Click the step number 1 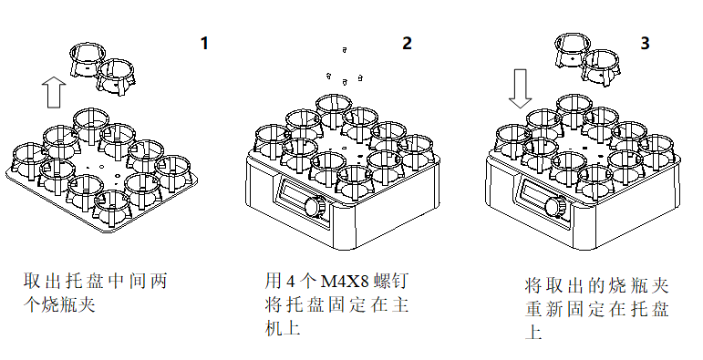tap(205, 43)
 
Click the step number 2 tap(407, 43)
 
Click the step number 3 tap(646, 43)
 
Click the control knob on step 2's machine tap(315, 207)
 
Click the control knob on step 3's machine tap(555, 207)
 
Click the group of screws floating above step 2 tap(346, 77)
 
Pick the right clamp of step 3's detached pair tap(603, 68)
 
